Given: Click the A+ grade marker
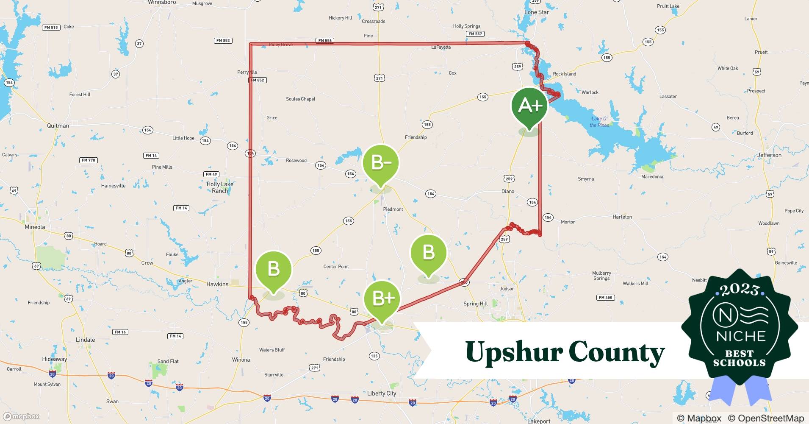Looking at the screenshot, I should click(529, 106).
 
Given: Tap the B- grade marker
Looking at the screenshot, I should click(380, 163).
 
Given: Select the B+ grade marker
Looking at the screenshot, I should click(382, 299).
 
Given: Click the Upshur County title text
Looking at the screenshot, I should click(565, 352).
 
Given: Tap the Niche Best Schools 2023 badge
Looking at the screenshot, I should click(740, 329).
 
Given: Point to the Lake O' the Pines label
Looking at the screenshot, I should click(599, 122).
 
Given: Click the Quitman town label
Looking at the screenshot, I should click(58, 126).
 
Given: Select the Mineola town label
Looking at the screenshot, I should click(35, 227).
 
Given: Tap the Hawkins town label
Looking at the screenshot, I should click(217, 285).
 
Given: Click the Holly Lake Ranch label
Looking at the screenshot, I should click(220, 187).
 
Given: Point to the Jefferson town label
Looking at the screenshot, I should click(769, 155).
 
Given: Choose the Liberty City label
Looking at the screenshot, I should click(381, 393).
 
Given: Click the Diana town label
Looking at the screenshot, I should click(507, 192).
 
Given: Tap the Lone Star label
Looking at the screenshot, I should click(536, 12).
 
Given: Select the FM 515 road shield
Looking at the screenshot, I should click(51, 28).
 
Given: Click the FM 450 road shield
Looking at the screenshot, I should click(605, 298).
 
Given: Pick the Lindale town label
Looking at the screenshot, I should click(85, 340).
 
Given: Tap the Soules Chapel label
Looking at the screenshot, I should click(300, 99).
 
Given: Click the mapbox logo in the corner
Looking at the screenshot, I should click(21, 416).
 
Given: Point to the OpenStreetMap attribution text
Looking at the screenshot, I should click(766, 418).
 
